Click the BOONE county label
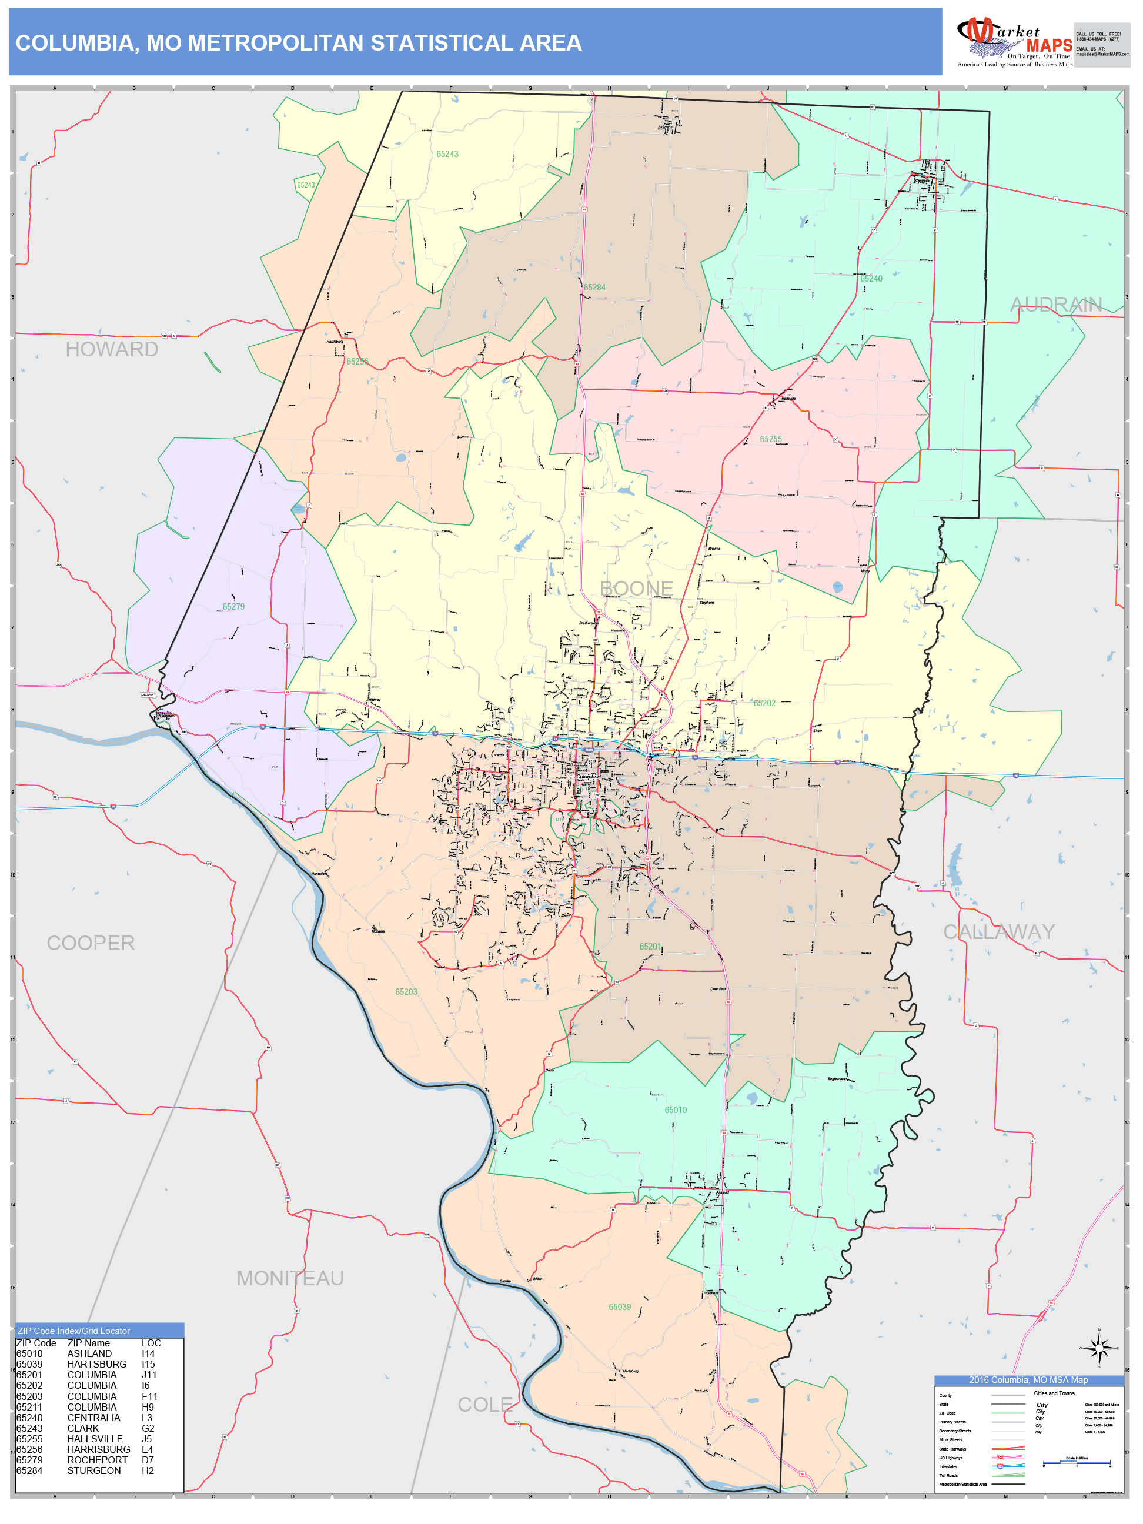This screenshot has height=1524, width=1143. click(636, 589)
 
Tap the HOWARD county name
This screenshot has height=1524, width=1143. click(112, 349)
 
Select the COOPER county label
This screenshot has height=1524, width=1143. click(91, 943)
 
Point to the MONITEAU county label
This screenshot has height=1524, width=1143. click(289, 1278)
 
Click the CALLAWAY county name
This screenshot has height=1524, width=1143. click(998, 931)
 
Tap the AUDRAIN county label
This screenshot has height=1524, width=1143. click(1055, 305)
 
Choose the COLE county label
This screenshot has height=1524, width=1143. click(485, 1404)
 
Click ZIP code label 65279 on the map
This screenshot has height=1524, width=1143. click(233, 607)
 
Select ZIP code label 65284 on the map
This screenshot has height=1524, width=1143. click(594, 288)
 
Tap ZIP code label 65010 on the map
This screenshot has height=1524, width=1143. click(675, 1110)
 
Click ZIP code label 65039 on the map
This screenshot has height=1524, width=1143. click(619, 1307)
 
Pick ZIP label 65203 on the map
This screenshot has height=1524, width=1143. click(406, 991)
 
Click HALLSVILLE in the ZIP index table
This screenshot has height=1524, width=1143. click(95, 1439)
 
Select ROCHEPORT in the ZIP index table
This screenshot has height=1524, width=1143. click(97, 1460)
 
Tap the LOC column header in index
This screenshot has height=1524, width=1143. click(151, 1343)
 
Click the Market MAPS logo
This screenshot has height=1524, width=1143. click(1014, 44)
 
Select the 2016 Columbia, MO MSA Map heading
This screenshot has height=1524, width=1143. click(1028, 1379)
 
